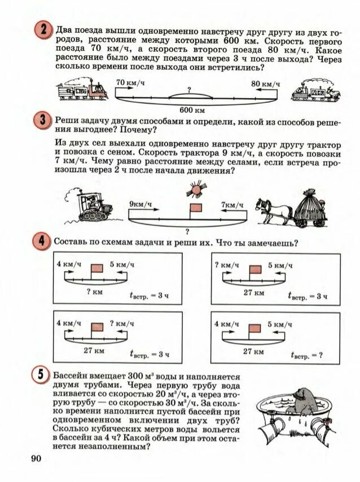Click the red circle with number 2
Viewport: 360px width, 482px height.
(x=42, y=30)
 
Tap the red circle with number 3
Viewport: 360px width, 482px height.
(x=42, y=121)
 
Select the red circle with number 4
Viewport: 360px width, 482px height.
(x=42, y=241)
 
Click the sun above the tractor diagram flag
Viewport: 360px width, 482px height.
(x=196, y=189)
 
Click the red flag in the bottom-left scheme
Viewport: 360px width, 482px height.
(x=98, y=327)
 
